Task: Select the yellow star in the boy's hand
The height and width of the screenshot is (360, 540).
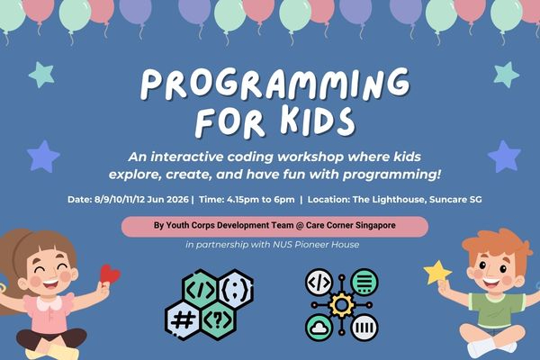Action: [438, 271]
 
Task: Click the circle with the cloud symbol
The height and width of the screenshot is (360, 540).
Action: [319, 325]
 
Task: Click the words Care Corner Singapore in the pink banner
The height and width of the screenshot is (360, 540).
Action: [351, 225]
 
